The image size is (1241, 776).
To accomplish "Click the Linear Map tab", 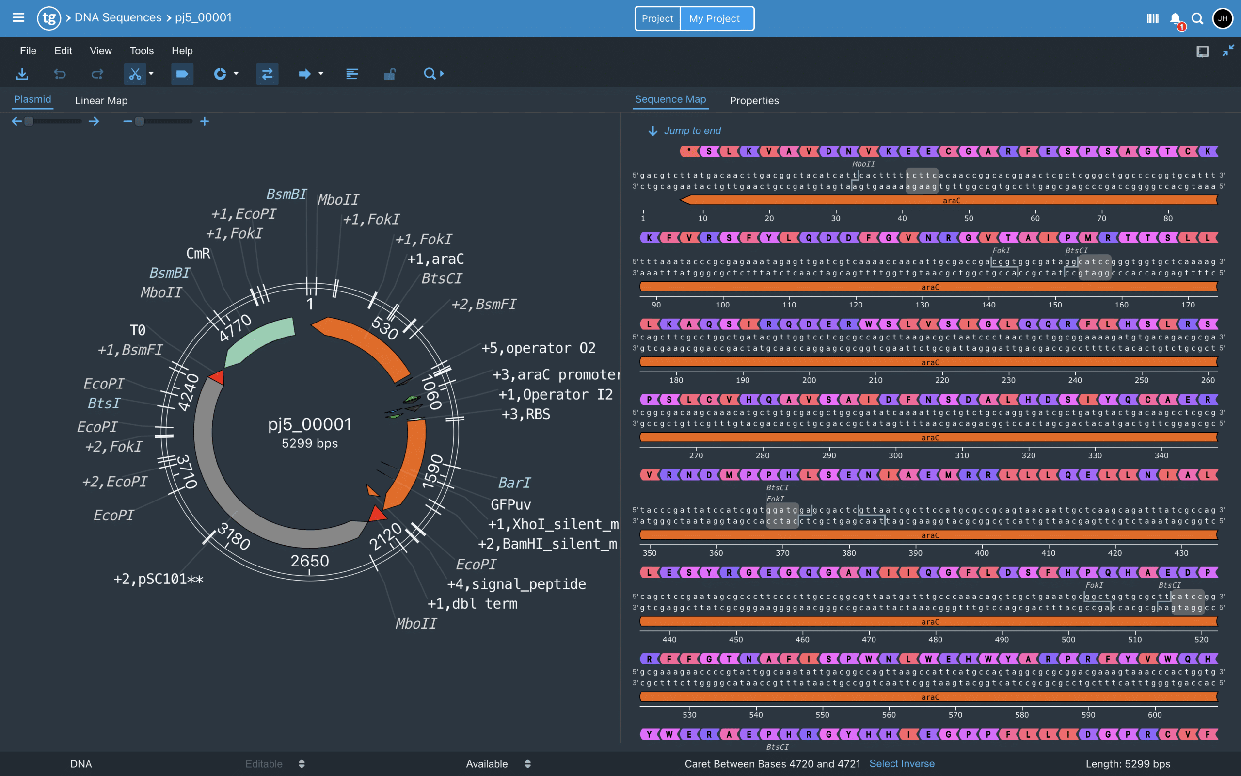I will [101, 100].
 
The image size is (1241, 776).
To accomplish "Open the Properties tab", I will [754, 100].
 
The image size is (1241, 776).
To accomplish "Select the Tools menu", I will [142, 51].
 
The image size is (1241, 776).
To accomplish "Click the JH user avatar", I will [1222, 18].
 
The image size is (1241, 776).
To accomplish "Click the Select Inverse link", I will [902, 763].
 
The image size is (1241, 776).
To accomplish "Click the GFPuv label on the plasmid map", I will [510, 504].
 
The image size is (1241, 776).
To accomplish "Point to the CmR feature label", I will [198, 253].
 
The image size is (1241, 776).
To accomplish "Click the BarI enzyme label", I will [514, 483].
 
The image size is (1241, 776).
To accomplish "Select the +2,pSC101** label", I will [159, 579].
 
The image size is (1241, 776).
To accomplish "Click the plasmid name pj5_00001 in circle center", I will [310, 424].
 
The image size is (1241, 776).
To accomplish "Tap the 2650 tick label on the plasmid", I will [309, 561].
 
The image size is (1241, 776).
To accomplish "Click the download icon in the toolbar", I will [22, 74].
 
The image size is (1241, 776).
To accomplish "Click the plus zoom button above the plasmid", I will [205, 121].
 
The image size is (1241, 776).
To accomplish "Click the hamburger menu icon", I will [18, 18].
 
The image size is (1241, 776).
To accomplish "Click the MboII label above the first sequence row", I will [863, 164].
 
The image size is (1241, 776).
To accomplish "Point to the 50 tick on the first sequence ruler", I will [968, 218].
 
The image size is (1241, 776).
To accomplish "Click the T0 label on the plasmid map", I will [138, 330].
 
